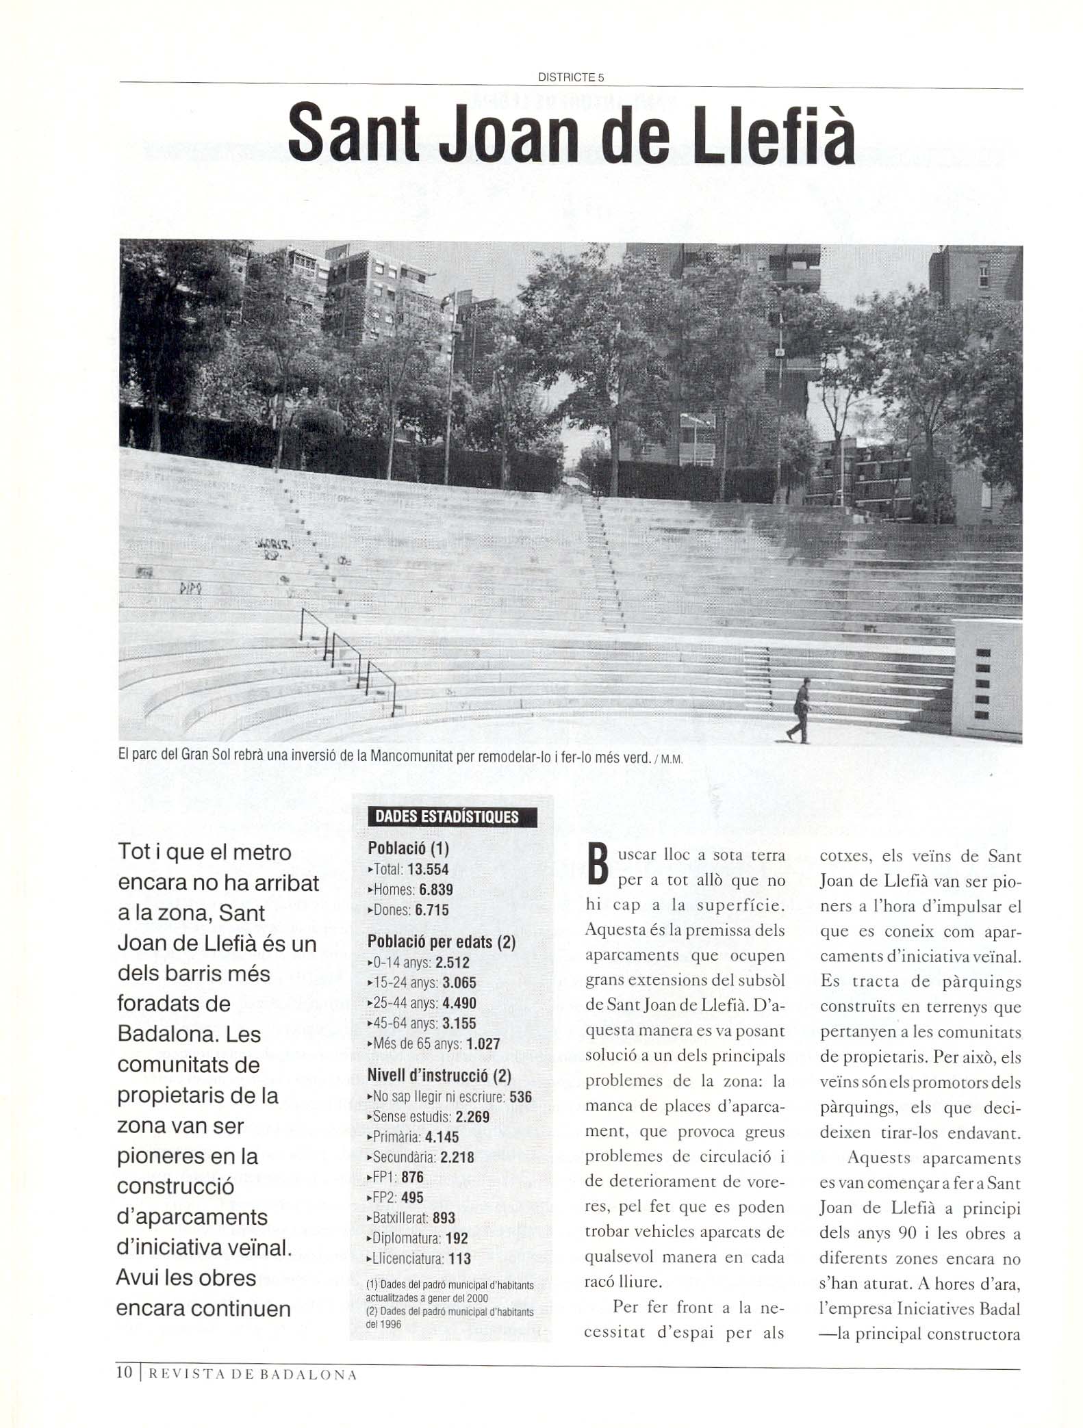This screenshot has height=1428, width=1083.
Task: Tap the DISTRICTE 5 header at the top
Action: coord(571,77)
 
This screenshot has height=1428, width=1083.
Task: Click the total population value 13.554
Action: coord(428,870)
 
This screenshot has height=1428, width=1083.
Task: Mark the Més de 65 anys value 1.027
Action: coord(483,1044)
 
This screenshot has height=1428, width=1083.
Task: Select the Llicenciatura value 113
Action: coord(460,1258)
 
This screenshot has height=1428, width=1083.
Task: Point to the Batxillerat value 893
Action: coord(444,1218)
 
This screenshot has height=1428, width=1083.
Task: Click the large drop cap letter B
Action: coord(598,866)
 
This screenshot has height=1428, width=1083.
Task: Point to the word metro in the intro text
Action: coord(261,853)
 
